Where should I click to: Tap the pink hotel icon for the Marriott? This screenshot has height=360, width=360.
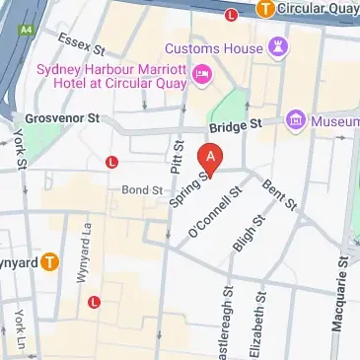[x=203, y=72]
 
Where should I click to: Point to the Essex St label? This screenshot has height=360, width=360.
[x=81, y=42]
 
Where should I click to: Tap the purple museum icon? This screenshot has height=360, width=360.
[x=294, y=121]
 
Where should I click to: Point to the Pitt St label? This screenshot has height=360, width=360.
[x=180, y=157]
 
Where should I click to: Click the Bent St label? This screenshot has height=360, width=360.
[x=279, y=193]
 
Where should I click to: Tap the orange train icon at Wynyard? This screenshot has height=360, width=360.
[x=48, y=262]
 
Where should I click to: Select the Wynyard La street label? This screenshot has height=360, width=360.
[x=82, y=261]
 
